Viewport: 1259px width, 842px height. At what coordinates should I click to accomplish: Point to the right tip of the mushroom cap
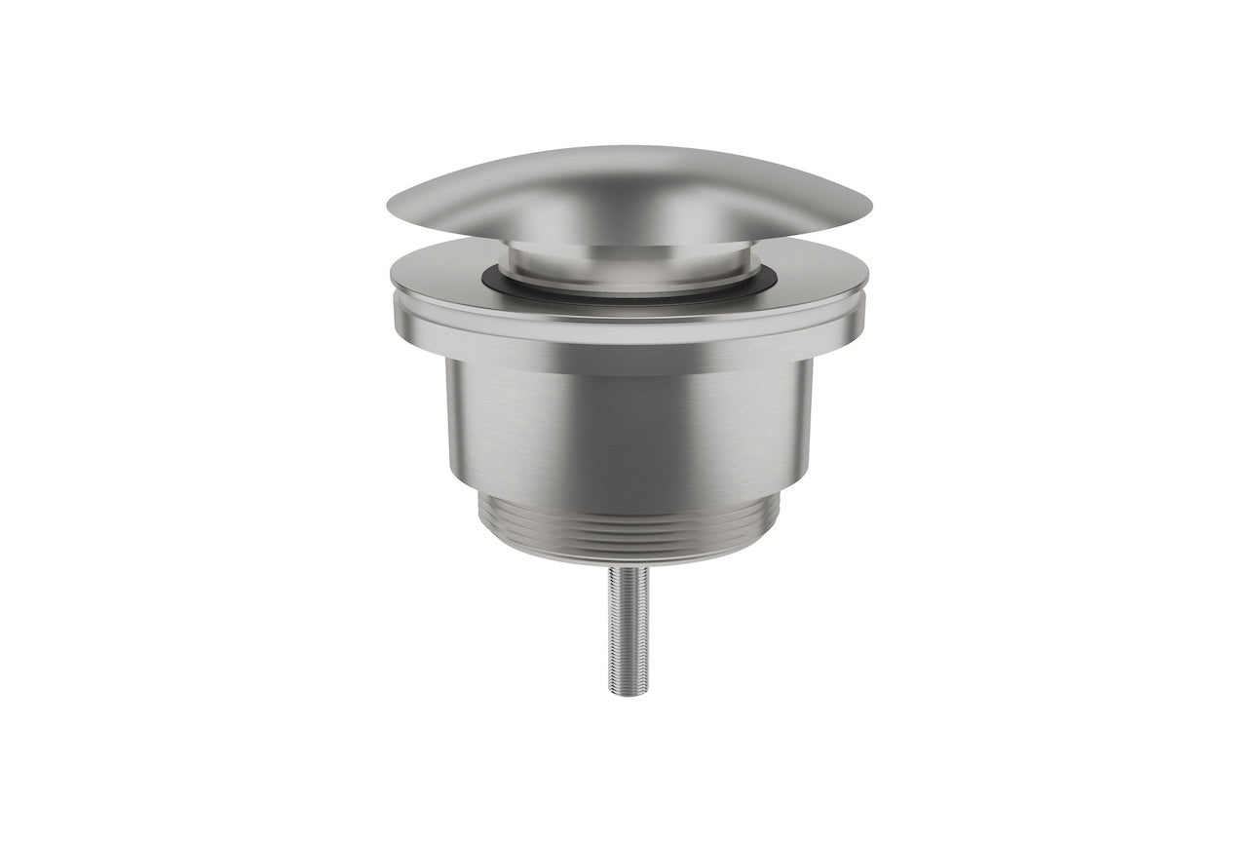pos(869,208)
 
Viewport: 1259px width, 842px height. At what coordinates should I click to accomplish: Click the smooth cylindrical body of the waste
pos(629,429)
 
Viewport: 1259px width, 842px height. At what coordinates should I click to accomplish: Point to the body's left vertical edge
pos(448,419)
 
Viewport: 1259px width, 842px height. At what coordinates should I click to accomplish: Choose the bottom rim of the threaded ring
pos(629,559)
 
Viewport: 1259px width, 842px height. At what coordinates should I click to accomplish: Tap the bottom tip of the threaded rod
pos(629,693)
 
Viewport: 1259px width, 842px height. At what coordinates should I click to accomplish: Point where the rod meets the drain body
pos(629,567)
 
